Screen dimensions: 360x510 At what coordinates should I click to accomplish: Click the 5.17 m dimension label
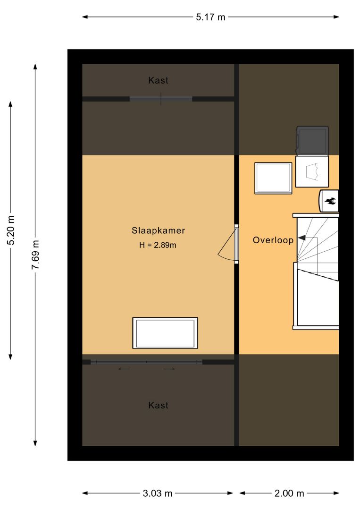pyautogui.click(x=210, y=17)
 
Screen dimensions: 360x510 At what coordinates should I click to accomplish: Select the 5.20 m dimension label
pyautogui.click(x=11, y=230)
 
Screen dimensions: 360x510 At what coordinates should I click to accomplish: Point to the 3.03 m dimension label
pyautogui.click(x=158, y=493)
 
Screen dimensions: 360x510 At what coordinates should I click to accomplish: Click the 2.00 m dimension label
pyautogui.click(x=289, y=493)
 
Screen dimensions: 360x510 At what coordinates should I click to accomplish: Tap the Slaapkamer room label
pyautogui.click(x=158, y=230)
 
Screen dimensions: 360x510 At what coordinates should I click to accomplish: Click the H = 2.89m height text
pyautogui.click(x=158, y=245)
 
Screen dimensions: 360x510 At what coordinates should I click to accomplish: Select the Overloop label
pyautogui.click(x=273, y=240)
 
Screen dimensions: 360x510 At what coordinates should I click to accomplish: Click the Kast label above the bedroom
pyautogui.click(x=158, y=80)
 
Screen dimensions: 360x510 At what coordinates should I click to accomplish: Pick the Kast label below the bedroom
pyautogui.click(x=158, y=405)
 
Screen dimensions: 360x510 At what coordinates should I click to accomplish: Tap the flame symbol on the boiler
pyautogui.click(x=330, y=202)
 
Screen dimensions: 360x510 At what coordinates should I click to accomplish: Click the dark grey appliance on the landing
pyautogui.click(x=312, y=140)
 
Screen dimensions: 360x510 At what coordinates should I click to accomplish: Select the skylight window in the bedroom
pyautogui.click(x=165, y=333)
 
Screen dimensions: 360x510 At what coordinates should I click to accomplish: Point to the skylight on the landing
pyautogui.click(x=273, y=178)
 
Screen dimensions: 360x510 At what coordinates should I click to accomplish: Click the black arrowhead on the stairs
pyautogui.click(x=301, y=238)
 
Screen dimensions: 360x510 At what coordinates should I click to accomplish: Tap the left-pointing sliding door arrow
pyautogui.click(x=124, y=369)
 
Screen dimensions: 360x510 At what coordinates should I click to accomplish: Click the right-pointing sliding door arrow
pyautogui.click(x=169, y=369)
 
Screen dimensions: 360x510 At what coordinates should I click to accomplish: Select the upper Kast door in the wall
pyautogui.click(x=161, y=99)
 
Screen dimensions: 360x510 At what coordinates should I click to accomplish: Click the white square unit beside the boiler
pyautogui.click(x=312, y=172)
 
